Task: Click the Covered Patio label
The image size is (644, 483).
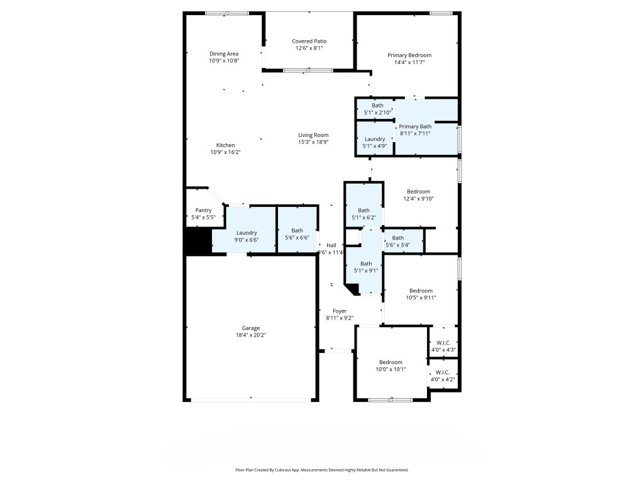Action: coord(309,42)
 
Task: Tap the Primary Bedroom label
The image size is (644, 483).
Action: coord(409,55)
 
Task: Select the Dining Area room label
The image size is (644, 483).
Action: coord(224,54)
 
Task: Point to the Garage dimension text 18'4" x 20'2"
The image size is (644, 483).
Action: coord(251,335)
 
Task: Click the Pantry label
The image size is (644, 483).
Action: coord(203,211)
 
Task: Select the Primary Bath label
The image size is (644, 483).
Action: coord(416,126)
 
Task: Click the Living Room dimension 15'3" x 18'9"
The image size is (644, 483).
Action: coord(313,142)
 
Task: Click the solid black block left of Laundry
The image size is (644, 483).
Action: coord(197,241)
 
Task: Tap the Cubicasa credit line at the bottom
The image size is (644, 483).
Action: coord(322,470)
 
